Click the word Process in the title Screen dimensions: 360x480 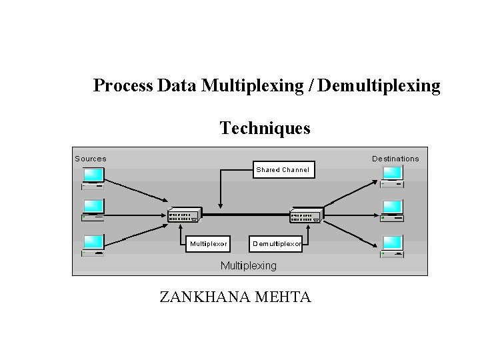pyautogui.click(x=123, y=86)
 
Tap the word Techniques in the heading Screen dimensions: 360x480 pyautogui.click(x=265, y=127)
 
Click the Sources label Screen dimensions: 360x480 pyautogui.click(x=91, y=159)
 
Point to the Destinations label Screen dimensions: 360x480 pyautogui.click(x=395, y=159)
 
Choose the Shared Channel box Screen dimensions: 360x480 pyautogui.click(x=283, y=169)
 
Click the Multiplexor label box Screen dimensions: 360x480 pyautogui.click(x=208, y=244)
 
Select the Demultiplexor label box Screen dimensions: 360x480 pyautogui.click(x=277, y=244)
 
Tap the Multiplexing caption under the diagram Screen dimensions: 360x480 pyautogui.click(x=248, y=265)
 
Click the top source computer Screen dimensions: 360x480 pyautogui.click(x=93, y=177)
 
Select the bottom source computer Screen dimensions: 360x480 pyautogui.click(x=93, y=245)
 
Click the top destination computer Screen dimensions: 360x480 pyautogui.click(x=393, y=175)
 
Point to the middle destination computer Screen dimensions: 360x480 pyautogui.click(x=393, y=209)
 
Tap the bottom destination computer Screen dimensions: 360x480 pyautogui.click(x=393, y=245)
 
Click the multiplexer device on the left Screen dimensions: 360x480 pyautogui.click(x=184, y=215)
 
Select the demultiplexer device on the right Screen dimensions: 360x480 pyautogui.click(x=306, y=215)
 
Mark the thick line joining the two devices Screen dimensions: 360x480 pyautogui.click(x=245, y=214)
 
